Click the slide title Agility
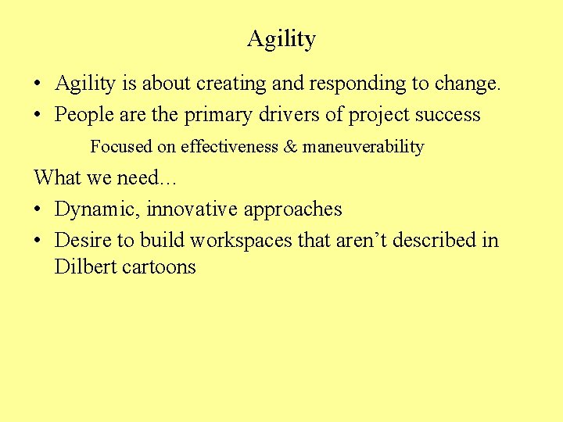[x=281, y=38]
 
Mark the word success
[x=448, y=115]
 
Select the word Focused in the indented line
[x=121, y=147]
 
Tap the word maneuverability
[x=363, y=148]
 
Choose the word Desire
[x=83, y=240]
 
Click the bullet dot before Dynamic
[x=38, y=209]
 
